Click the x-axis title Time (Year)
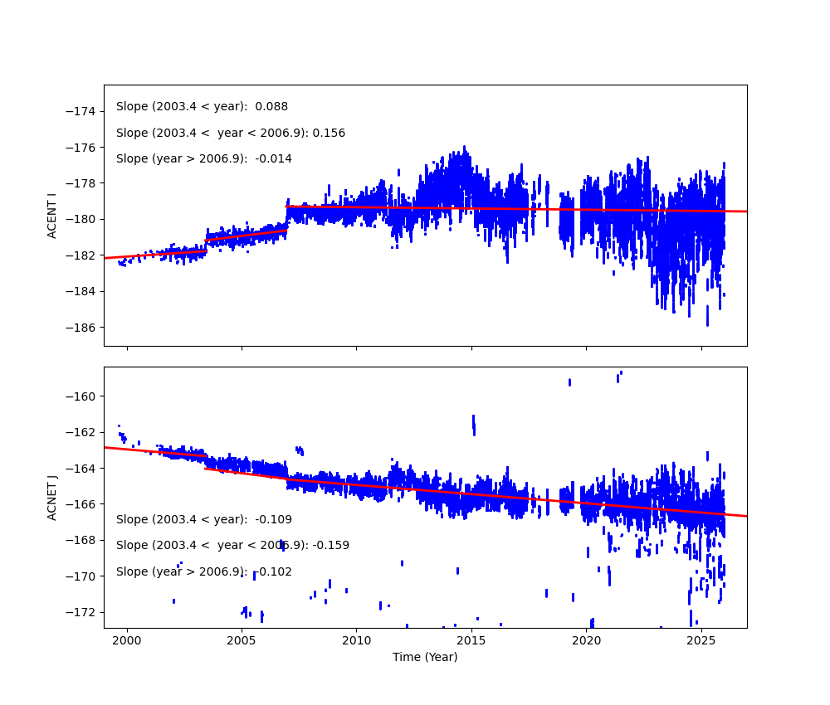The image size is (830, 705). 425,657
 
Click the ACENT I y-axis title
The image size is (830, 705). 52,216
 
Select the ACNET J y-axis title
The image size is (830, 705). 52,498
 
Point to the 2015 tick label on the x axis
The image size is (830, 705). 471,640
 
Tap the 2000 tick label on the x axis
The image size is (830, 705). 127,640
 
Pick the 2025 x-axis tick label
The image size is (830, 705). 701,640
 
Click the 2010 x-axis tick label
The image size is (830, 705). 357,640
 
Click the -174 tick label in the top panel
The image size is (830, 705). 83,111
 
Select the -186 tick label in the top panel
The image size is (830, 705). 83,327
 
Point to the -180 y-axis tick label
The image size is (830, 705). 83,219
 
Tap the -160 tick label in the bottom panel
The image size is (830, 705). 83,396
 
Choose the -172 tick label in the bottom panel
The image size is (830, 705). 83,612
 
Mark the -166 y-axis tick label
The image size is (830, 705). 83,503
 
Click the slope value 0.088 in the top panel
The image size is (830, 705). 271,107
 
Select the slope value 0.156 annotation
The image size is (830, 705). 329,134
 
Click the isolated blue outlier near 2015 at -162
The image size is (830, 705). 474,425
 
